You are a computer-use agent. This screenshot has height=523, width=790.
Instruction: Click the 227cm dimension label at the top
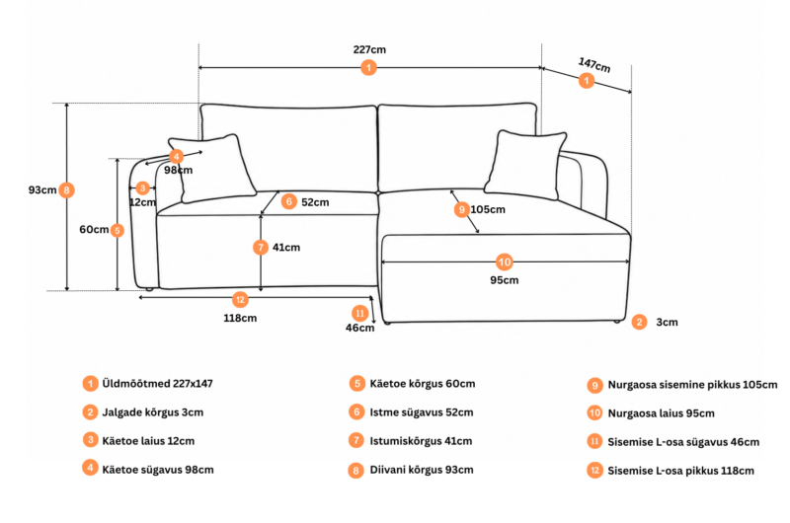(x=369, y=49)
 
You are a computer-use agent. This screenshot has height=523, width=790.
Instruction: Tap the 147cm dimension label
(x=594, y=64)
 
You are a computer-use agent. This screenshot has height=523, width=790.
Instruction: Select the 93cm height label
(x=42, y=189)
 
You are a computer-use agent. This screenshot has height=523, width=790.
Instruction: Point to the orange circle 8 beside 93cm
(x=66, y=190)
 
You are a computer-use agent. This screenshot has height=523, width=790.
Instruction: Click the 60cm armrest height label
(x=94, y=229)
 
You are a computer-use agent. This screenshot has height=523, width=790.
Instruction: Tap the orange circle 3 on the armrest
(x=142, y=188)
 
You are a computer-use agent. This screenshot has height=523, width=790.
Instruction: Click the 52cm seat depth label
(x=315, y=202)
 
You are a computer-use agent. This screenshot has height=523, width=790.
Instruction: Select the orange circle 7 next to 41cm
(x=261, y=247)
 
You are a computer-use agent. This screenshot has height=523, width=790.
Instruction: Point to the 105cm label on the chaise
(x=488, y=209)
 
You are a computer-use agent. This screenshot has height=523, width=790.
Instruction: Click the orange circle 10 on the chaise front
(x=505, y=261)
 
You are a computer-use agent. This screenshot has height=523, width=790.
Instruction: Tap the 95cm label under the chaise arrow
(x=505, y=280)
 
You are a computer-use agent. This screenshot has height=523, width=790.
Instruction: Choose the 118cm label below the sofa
(x=240, y=318)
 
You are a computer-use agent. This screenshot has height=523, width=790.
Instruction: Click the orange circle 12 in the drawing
(x=240, y=300)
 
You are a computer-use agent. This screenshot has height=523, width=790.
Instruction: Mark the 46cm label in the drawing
(x=359, y=328)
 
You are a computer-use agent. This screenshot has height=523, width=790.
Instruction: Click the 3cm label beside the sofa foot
(x=668, y=322)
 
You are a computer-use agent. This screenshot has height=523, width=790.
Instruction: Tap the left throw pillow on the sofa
(x=212, y=168)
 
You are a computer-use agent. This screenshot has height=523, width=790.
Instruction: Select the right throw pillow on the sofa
(x=525, y=165)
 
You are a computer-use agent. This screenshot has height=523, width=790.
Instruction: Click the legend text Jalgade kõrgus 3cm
(x=153, y=412)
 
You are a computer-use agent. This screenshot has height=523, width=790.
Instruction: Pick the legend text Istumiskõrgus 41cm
(x=422, y=441)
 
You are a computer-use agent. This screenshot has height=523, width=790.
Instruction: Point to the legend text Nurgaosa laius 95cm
(x=661, y=413)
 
